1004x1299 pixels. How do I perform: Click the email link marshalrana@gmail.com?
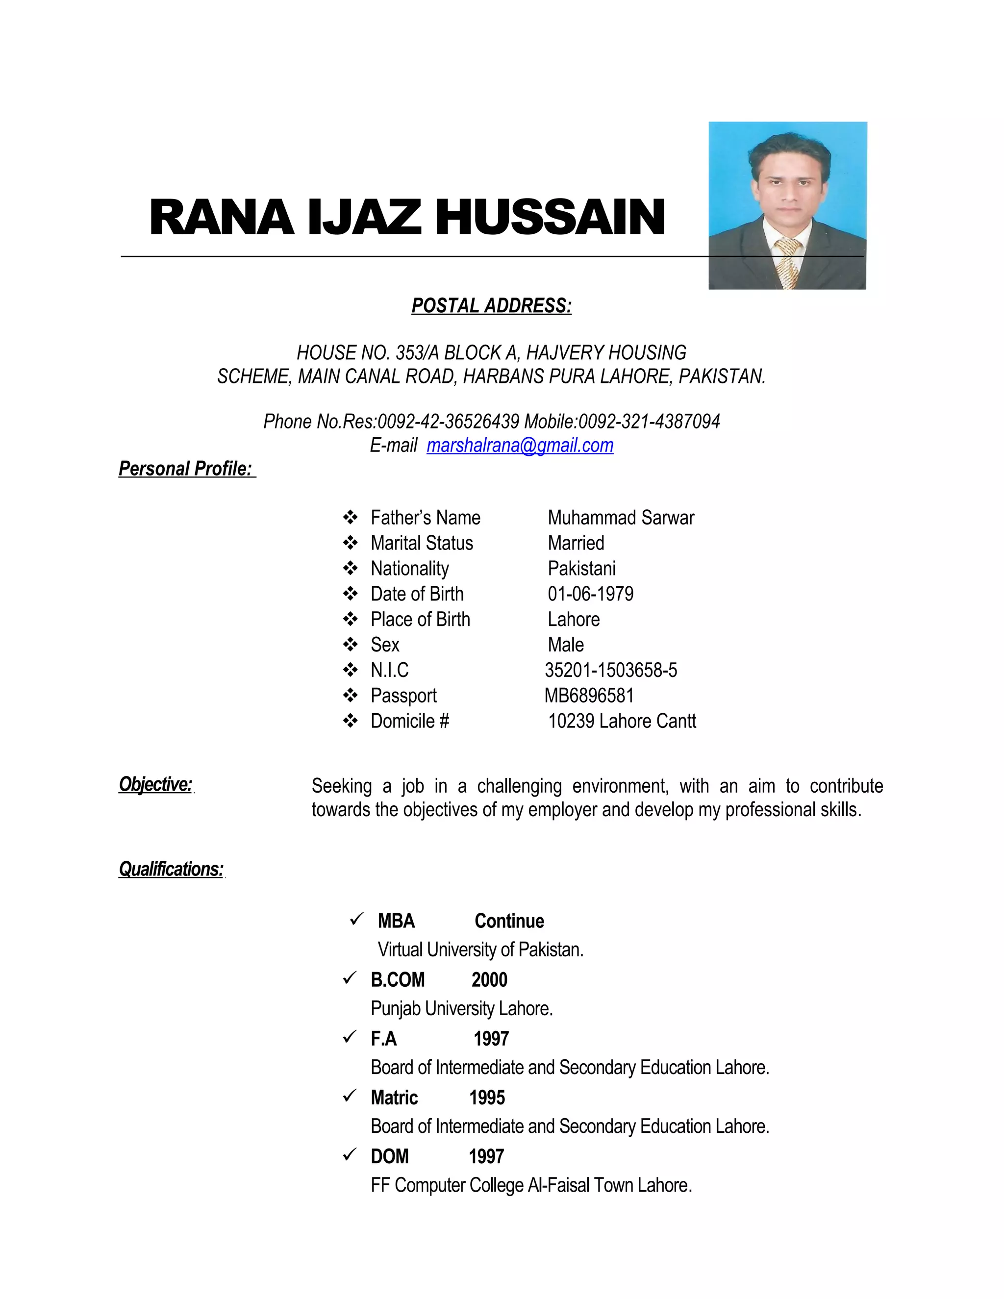[x=519, y=446]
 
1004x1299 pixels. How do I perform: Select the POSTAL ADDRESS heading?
[x=491, y=306]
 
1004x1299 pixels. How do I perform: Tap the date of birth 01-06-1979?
[x=591, y=594]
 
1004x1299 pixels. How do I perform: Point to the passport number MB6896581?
[x=589, y=695]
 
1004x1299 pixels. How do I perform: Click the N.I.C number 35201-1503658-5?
[x=611, y=670]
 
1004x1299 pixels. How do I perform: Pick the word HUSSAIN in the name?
[x=550, y=218]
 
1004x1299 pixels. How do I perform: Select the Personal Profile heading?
[x=186, y=469]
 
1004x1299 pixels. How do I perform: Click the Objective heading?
[x=156, y=784]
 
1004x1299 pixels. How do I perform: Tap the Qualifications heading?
[x=171, y=869]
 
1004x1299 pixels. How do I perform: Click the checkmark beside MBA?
[x=356, y=920]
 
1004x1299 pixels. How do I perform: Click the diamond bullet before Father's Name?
[x=351, y=518]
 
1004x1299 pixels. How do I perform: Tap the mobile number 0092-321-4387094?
[x=649, y=422]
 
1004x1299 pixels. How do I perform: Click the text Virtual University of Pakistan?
[x=480, y=950]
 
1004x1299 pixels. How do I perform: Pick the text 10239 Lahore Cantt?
[x=622, y=721]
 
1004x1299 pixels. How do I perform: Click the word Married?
[x=576, y=543]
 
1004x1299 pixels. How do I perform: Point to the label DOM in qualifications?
[x=390, y=1156]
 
